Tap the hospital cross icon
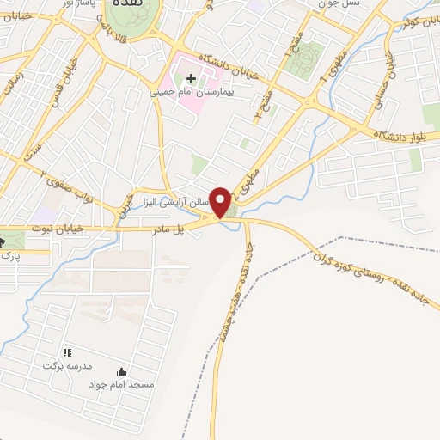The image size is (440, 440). point(190,80)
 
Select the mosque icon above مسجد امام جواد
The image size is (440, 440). point(121,372)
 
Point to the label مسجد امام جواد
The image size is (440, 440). point(121,384)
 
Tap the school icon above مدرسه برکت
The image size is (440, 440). point(67,352)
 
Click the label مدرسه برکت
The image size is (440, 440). point(66,364)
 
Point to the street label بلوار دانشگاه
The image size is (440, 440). point(404,135)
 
